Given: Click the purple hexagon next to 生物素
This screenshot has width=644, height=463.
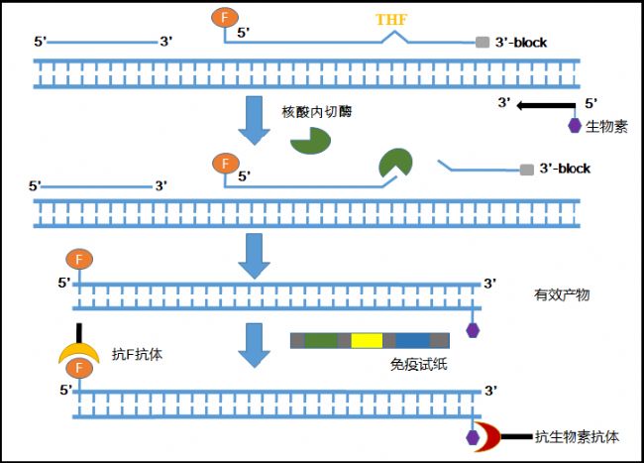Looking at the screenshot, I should pos(574,126).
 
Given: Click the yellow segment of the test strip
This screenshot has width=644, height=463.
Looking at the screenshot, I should pos(367,340).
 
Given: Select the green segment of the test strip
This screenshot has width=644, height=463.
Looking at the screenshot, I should pos(320,340).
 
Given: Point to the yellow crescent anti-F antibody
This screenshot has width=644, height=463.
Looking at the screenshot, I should pos(78,349).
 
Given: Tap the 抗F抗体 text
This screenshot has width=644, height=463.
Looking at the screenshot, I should pos(139,353).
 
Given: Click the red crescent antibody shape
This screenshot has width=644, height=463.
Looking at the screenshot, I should pos(488,434).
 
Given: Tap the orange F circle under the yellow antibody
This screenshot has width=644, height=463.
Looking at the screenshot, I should pos(78,371).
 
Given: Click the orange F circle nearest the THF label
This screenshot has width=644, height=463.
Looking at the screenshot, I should pos(224,17).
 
